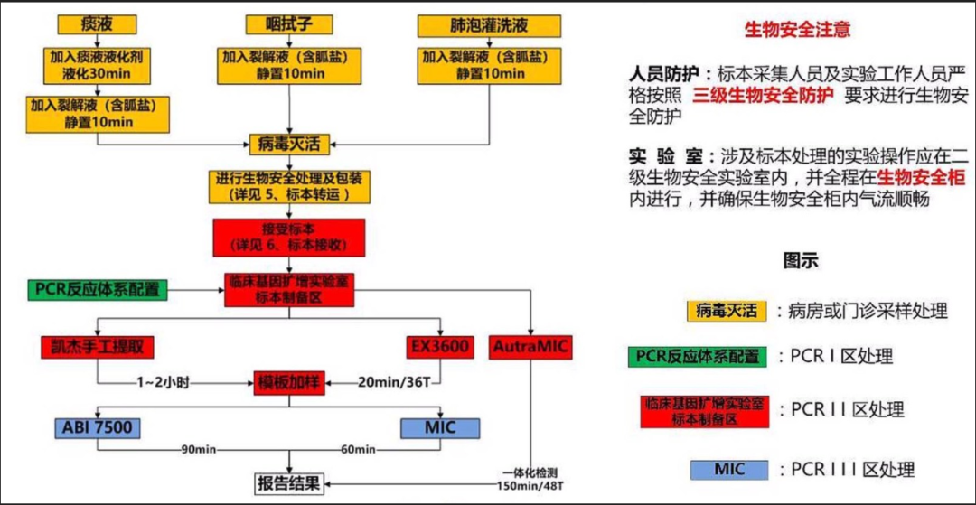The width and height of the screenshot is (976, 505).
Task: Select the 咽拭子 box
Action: point(288,23)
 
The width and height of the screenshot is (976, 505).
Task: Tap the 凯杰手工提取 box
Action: point(98,346)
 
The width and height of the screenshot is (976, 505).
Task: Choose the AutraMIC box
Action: point(531,346)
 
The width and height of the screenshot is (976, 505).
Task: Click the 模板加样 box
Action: point(288,382)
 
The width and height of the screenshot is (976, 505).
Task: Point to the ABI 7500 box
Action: point(97,426)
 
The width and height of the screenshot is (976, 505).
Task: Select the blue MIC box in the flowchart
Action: point(440,426)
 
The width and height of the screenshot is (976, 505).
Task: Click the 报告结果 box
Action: point(288,482)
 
